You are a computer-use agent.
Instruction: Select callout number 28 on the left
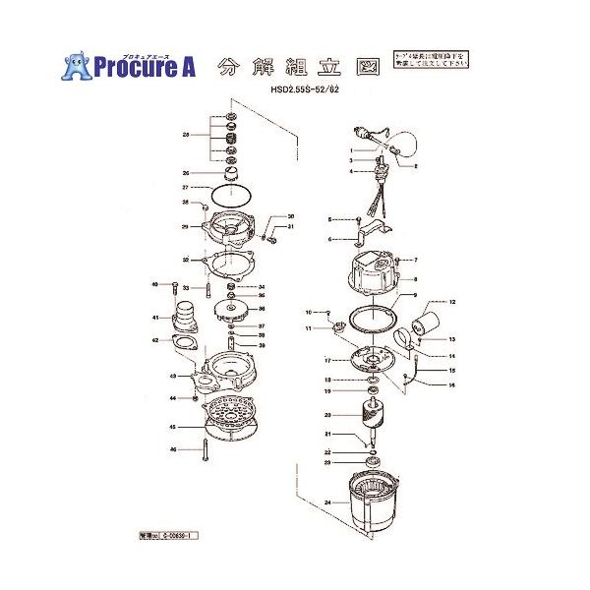point(185,135)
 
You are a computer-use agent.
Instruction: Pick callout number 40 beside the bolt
point(155,284)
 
